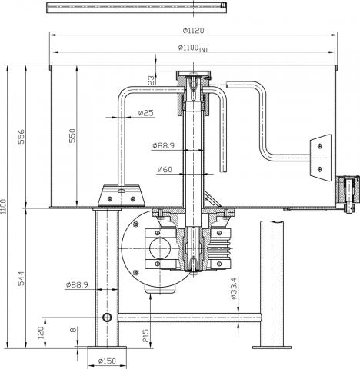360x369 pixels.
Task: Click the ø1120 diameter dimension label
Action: [x=193, y=31]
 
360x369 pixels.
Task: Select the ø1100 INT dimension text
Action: [x=193, y=48]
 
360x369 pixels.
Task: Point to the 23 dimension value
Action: [x=152, y=80]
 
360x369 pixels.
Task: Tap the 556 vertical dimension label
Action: [x=22, y=136]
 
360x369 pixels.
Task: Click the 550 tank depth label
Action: [x=72, y=135]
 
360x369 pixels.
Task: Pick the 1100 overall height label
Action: [x=3, y=208]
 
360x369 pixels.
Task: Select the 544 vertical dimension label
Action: [x=22, y=278]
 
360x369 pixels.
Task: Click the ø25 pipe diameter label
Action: [x=145, y=113]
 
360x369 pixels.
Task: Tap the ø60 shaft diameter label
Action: [x=165, y=169]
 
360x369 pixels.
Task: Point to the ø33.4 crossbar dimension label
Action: [x=234, y=288]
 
